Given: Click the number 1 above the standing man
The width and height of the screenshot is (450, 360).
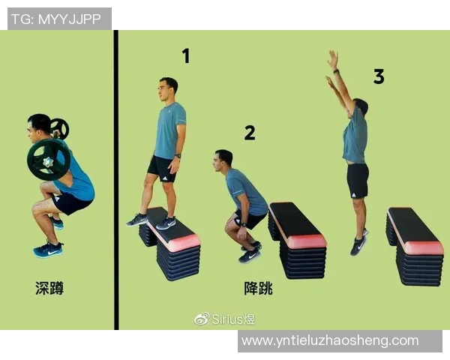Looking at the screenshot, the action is tap(186, 55).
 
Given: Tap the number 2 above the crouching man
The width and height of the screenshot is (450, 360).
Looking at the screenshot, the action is tap(250, 133).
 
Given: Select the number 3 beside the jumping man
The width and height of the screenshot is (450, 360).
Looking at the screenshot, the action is tap(379, 76).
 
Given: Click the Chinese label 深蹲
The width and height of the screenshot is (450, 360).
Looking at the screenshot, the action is tap(49, 288).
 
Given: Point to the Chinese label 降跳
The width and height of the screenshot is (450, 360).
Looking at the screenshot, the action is tap(258, 288).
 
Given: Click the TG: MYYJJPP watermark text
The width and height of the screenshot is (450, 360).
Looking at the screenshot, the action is tap(56, 19).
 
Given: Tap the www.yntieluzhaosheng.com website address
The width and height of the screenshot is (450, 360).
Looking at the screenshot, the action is tap(330, 340).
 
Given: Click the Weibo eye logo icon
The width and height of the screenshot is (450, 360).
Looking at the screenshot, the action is tap(202, 319).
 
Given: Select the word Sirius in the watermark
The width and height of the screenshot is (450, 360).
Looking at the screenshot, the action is tap(226, 319).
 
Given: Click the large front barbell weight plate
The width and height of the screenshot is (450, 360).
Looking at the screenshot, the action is tap(49, 160).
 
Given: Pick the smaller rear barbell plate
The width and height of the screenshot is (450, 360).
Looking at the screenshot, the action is tap(60, 128).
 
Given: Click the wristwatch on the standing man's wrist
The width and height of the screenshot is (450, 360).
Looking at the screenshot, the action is tap(178, 156).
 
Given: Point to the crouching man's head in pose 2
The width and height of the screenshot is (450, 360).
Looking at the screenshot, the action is tap(223, 160).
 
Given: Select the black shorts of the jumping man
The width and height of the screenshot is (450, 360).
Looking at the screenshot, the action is tap(358, 181).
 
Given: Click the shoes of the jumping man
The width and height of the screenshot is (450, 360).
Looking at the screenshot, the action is tap(359, 243).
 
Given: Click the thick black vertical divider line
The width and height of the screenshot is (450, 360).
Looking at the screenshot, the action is tap(116, 180).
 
